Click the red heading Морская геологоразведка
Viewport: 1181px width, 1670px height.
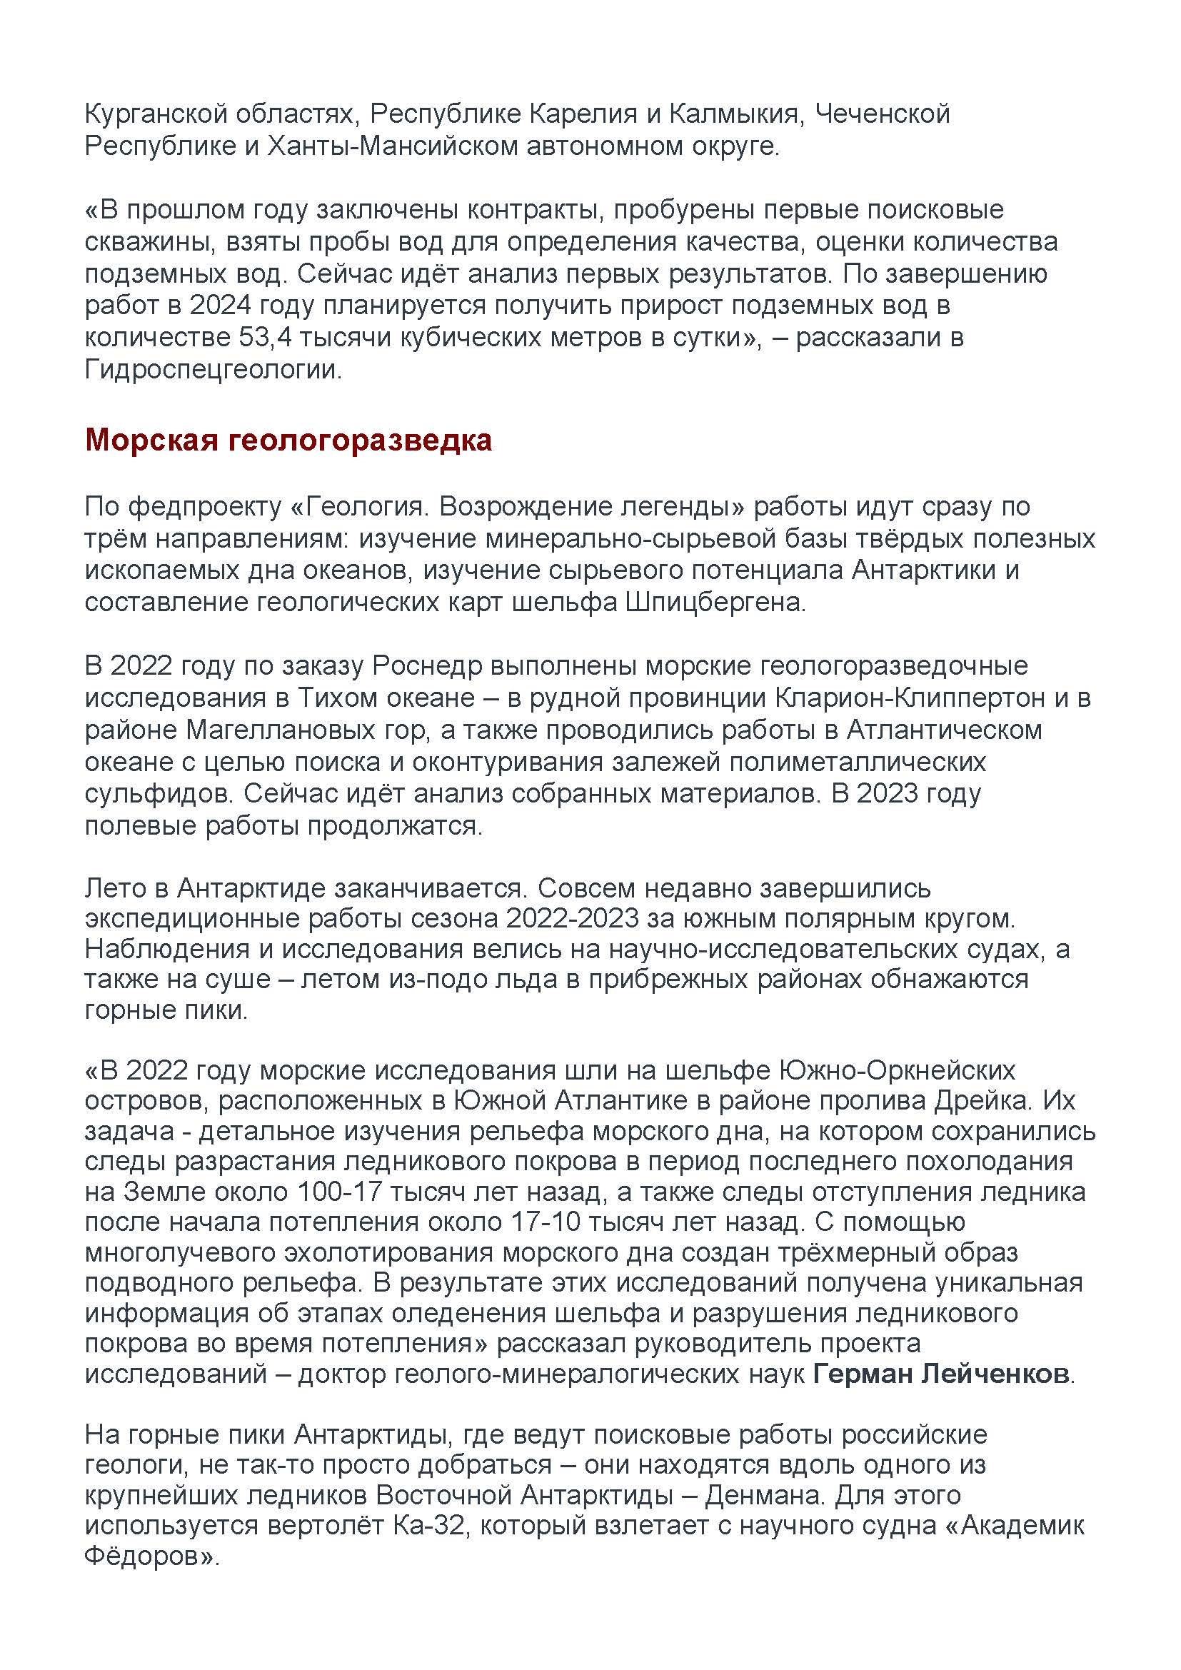(288, 441)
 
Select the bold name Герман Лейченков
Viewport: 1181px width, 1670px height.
(942, 1374)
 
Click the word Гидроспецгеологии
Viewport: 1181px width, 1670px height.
(211, 371)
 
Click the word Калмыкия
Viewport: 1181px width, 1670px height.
(735, 115)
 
